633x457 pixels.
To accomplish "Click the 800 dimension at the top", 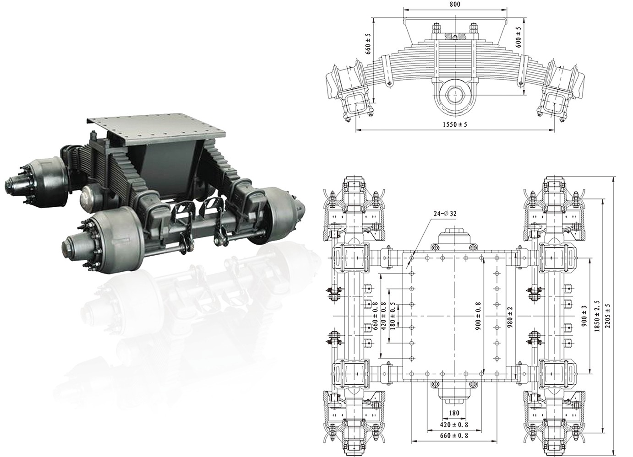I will (x=455, y=5).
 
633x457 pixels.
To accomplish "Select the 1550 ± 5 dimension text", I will (x=455, y=124).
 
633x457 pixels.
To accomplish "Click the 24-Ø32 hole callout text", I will (x=445, y=214).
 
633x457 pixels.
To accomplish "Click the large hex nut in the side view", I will (x=454, y=95).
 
